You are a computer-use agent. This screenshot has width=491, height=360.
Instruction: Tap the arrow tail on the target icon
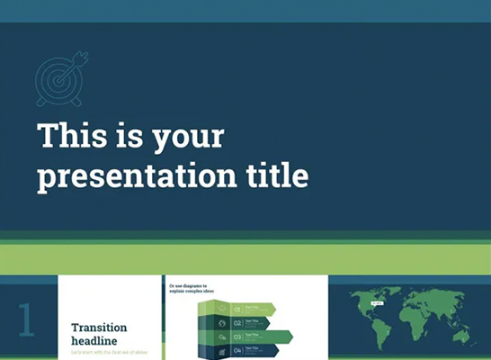point(83,60)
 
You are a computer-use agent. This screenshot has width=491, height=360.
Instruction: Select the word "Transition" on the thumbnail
point(100,328)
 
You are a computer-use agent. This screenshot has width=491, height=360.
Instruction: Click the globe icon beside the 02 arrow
point(221,321)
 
